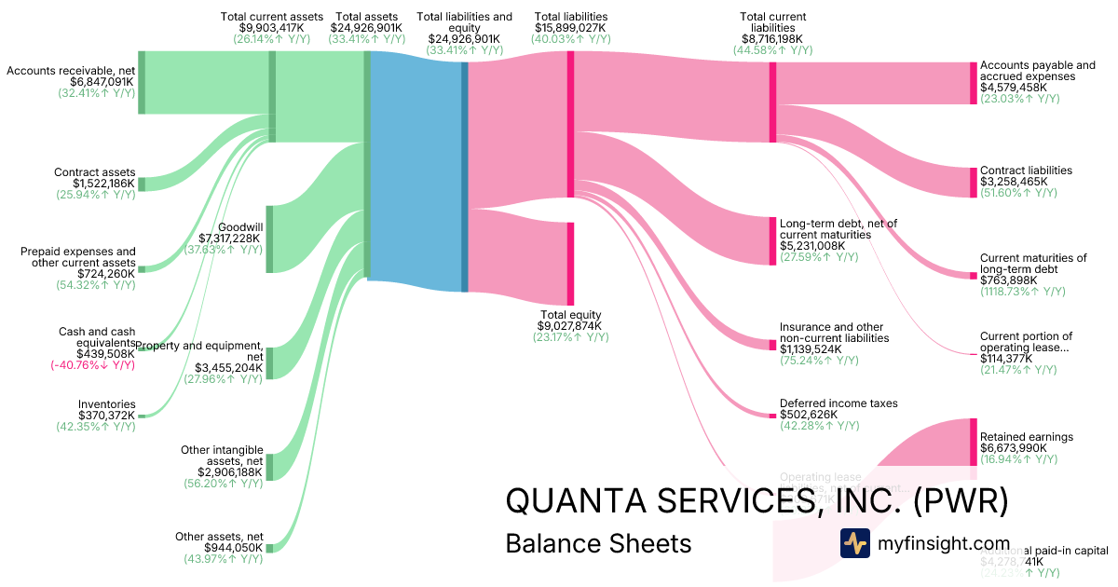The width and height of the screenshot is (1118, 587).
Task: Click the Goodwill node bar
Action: click(269, 239)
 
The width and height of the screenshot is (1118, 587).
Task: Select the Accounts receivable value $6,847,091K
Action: click(102, 82)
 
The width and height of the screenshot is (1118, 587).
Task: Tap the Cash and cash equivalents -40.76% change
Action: click(93, 365)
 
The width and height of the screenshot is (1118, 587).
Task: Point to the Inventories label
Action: click(107, 404)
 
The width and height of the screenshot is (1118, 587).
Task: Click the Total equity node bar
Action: click(570, 265)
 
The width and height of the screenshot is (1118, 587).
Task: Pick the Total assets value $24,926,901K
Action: click(368, 28)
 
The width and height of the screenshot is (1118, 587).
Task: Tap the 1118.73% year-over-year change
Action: click(1019, 292)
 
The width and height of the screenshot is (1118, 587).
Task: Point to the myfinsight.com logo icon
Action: click(854, 543)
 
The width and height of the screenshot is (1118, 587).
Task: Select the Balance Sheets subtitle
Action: click(598, 543)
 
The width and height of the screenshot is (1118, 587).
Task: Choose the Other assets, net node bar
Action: click(269, 548)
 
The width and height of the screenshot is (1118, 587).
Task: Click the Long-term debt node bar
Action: click(772, 240)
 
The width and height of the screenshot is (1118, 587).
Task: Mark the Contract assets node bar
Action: click(142, 184)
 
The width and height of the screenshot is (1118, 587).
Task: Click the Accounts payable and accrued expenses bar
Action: click(974, 83)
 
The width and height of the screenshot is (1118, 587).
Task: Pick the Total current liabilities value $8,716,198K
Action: click(772, 39)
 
